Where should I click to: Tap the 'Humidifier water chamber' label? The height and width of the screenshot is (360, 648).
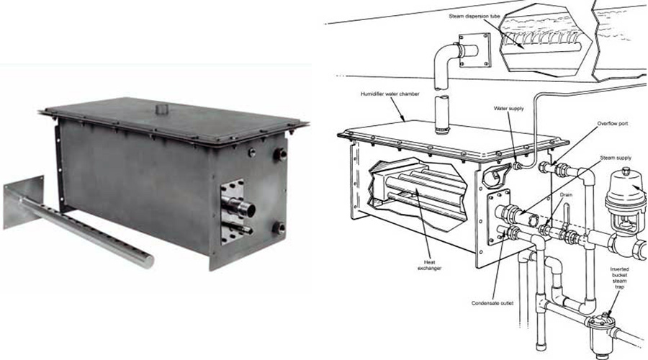tap(390, 94)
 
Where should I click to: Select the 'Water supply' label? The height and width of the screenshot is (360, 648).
tap(509, 109)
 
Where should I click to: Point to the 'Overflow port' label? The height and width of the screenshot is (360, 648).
tap(613, 124)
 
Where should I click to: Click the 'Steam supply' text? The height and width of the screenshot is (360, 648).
tap(616, 158)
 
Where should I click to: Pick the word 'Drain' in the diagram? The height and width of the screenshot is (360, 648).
tap(566, 194)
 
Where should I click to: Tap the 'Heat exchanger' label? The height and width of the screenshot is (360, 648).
tap(429, 265)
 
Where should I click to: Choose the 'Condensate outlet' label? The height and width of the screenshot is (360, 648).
tap(492, 303)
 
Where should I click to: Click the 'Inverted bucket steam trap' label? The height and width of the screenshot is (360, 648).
tap(619, 278)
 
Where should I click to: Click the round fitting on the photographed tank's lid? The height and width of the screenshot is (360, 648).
tap(161, 109)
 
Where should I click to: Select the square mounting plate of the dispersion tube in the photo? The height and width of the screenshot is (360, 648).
tap(24, 202)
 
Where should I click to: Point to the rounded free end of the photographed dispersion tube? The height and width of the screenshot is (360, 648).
tap(148, 261)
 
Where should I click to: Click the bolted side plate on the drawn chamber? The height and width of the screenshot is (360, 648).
tap(498, 216)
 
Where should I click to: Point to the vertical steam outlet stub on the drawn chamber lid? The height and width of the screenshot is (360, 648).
tap(442, 114)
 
